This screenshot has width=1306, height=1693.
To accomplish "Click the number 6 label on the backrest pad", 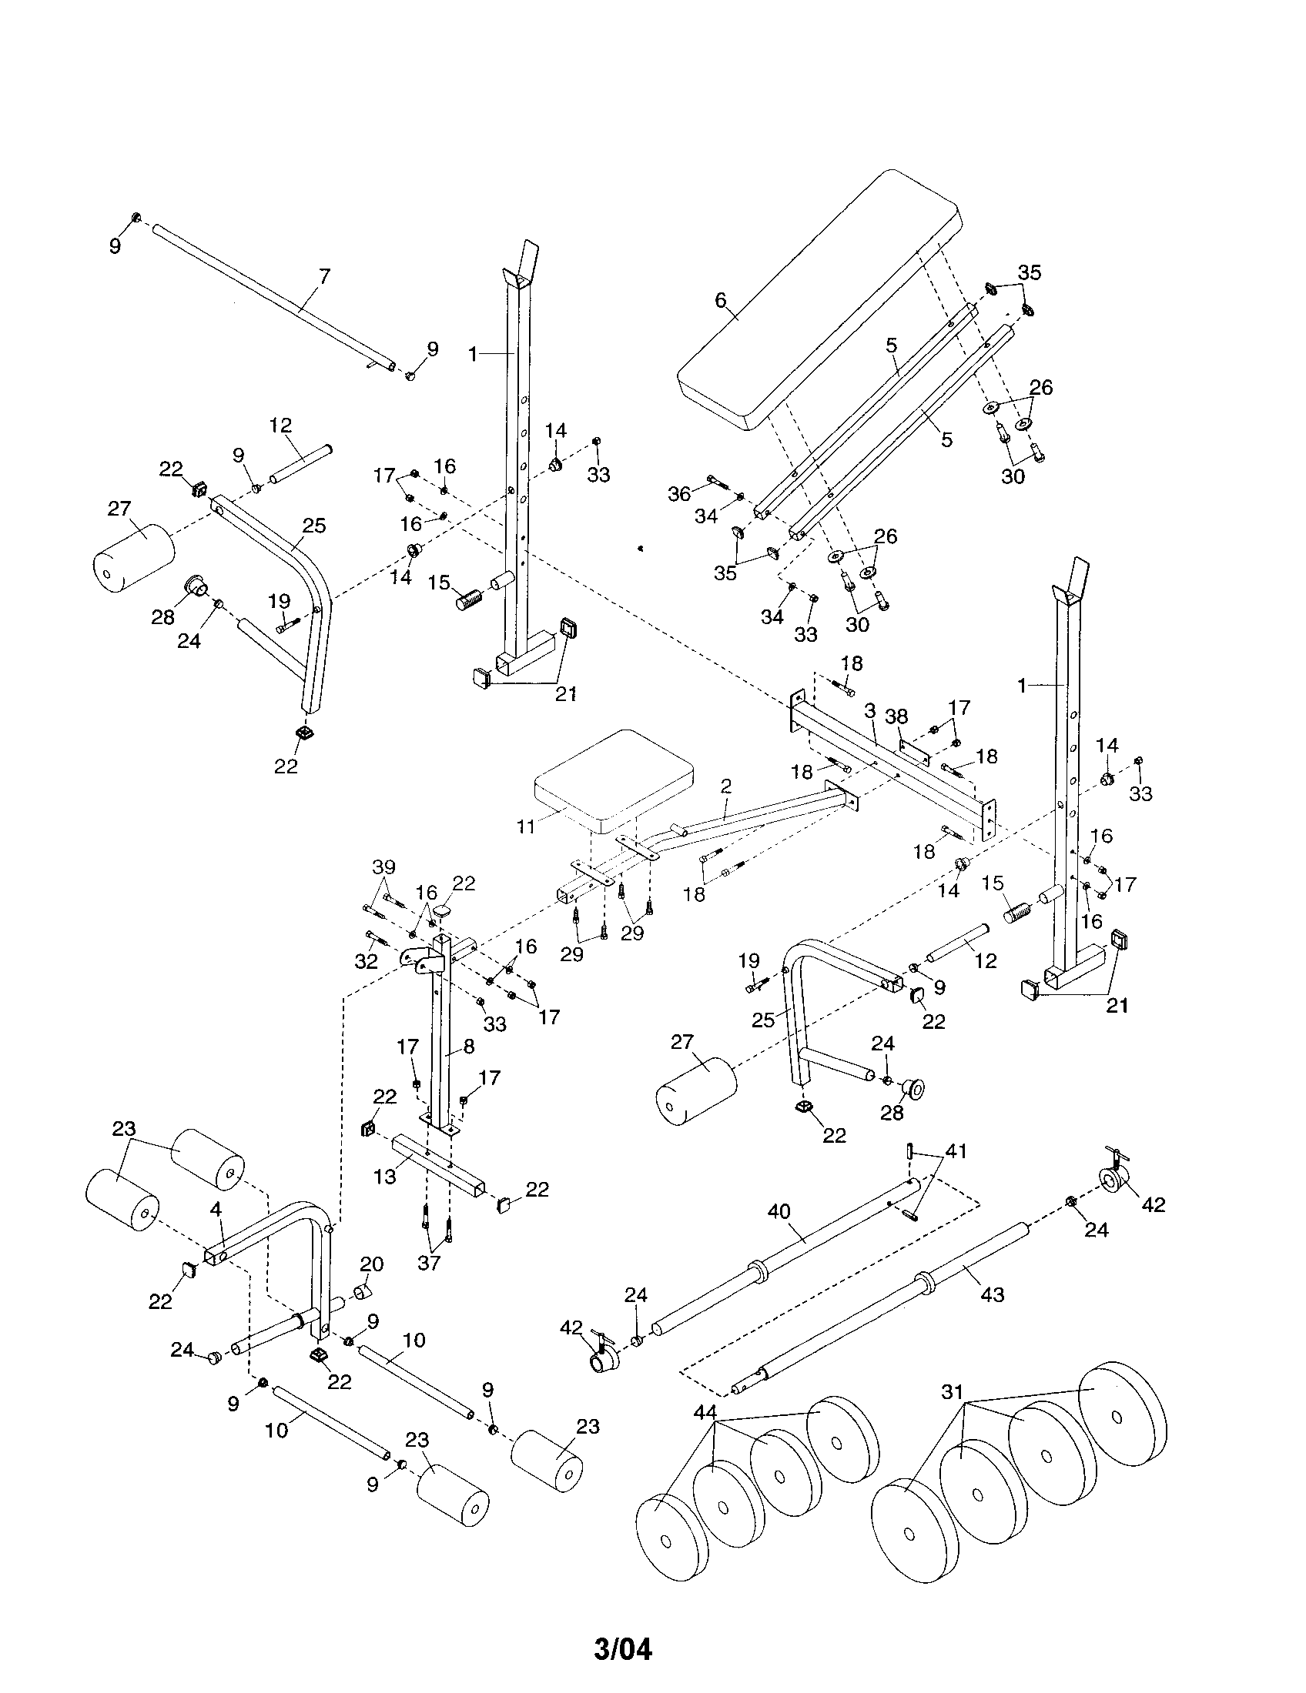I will [721, 299].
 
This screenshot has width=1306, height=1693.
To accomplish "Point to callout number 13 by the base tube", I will [384, 1176].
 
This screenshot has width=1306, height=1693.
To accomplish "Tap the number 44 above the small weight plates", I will [705, 1411].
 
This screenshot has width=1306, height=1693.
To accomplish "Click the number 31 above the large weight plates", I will [952, 1391].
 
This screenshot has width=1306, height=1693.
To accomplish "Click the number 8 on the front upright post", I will [468, 1045].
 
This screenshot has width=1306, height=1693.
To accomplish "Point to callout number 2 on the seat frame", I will [725, 786].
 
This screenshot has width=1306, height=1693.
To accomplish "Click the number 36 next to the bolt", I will [679, 493].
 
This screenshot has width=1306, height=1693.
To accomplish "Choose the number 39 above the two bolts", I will [383, 866].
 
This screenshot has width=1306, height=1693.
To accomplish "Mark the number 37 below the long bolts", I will [428, 1262].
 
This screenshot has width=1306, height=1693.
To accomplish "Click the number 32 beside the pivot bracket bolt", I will [366, 961].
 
